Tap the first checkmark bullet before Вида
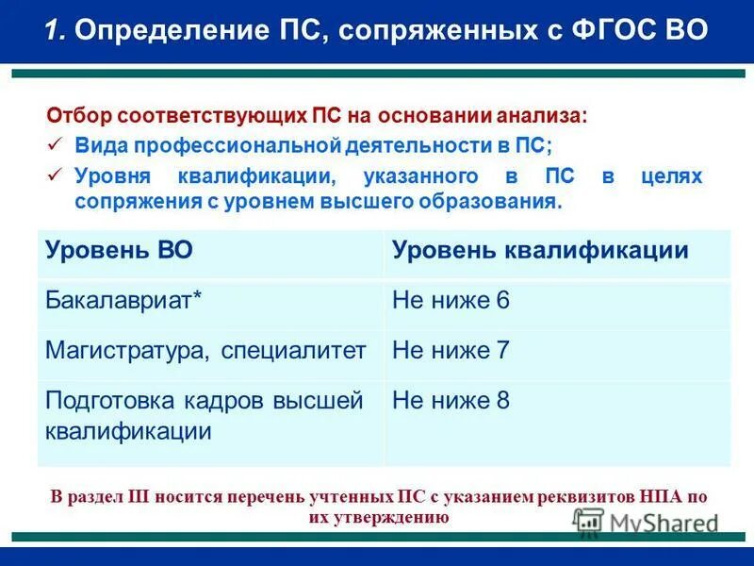coord(56,142)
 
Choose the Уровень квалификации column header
coord(540,250)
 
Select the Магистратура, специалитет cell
coord(205,351)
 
